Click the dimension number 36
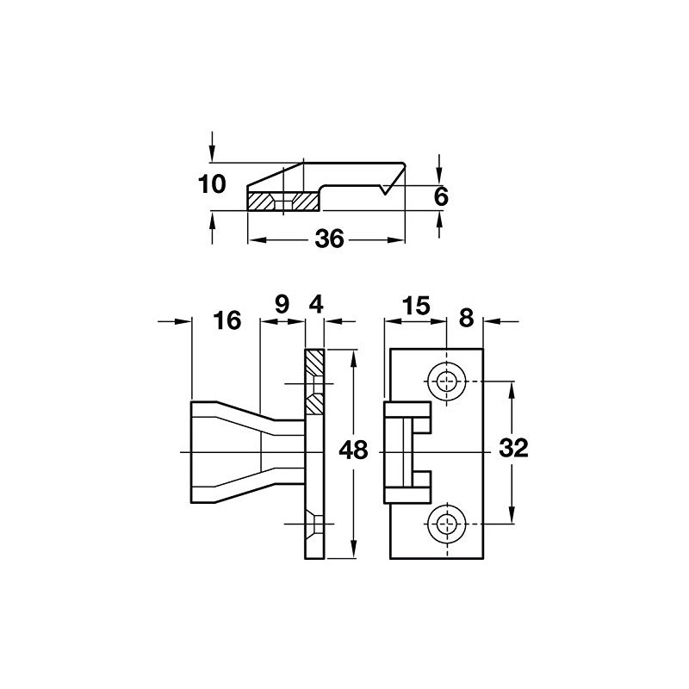click(329, 240)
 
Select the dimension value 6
click(440, 197)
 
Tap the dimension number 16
click(227, 322)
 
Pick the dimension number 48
click(354, 450)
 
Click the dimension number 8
click(467, 318)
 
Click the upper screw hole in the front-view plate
click(447, 382)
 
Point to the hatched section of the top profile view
click(284, 202)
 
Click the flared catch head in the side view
click(224, 451)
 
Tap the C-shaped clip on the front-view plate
click(407, 452)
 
